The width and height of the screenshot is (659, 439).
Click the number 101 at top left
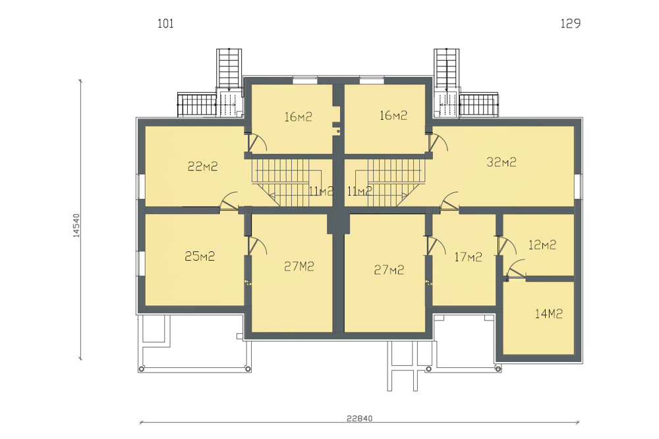[165, 24]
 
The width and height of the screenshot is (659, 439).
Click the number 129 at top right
[570, 24]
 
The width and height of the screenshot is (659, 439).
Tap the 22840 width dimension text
[359, 419]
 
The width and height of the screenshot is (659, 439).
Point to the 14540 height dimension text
[76, 225]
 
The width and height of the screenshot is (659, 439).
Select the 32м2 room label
[501, 162]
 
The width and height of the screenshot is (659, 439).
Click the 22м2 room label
[202, 167]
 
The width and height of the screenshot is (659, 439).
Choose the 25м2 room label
[200, 256]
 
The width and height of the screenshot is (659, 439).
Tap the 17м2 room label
[468, 257]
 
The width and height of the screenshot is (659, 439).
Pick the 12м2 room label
[542, 245]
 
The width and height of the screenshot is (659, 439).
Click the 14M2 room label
[548, 313]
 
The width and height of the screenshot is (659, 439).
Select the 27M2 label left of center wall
[299, 267]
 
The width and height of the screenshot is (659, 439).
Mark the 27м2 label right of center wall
[389, 270]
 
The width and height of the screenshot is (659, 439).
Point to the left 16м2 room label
[298, 116]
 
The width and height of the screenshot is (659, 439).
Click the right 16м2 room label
[393, 115]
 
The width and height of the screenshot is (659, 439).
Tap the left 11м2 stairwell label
[321, 192]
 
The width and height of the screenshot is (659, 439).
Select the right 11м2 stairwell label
[359, 192]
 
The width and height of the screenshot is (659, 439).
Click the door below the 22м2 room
[229, 201]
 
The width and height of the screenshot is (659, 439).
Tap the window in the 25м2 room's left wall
[141, 263]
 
